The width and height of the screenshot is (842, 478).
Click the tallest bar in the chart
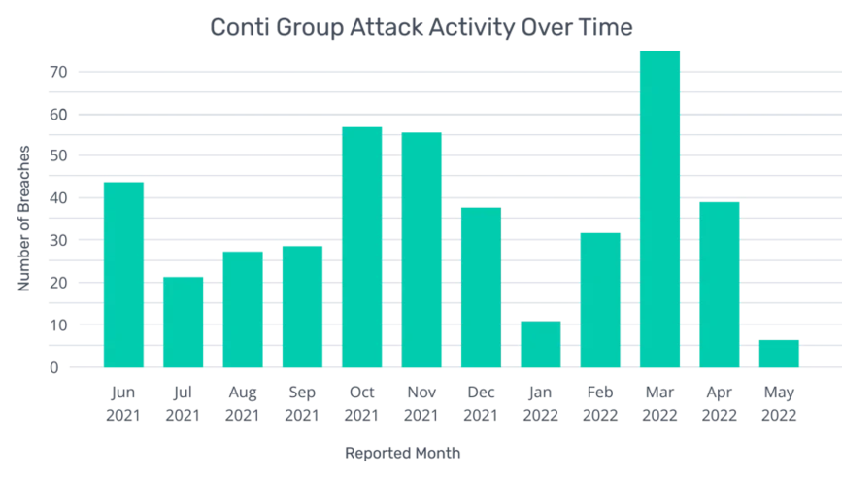660,209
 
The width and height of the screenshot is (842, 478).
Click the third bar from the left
243,311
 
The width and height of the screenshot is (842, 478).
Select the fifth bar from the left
361,248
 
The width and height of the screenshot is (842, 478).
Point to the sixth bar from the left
421,250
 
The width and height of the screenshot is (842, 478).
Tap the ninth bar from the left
600,300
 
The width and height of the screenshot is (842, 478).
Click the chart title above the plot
421,31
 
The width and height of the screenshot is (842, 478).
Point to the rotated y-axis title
26,219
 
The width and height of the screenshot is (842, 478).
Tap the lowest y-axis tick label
59,367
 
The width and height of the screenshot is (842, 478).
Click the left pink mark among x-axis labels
274,410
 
